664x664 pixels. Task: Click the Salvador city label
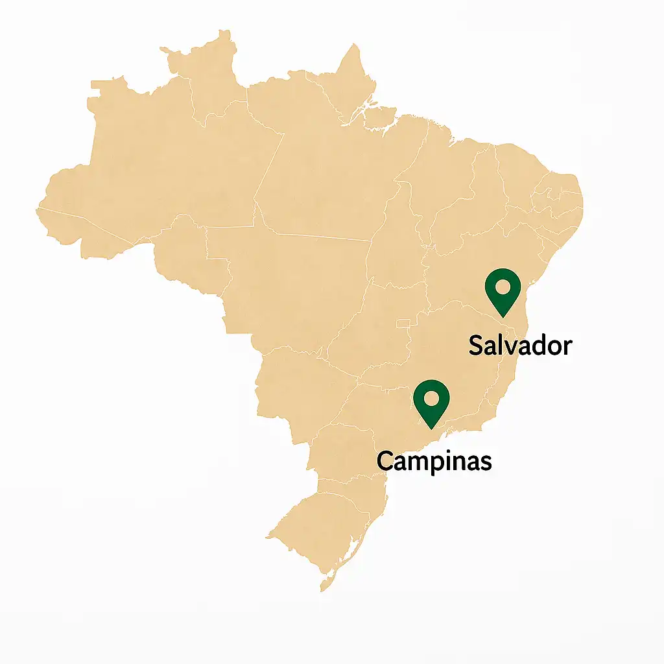(520, 345)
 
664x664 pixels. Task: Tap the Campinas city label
(434, 461)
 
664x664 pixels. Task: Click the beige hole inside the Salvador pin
(503, 286)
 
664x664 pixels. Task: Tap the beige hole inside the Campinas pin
(432, 397)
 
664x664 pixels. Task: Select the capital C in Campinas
(385, 461)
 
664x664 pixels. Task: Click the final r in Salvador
(567, 346)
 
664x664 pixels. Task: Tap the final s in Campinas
(485, 462)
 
